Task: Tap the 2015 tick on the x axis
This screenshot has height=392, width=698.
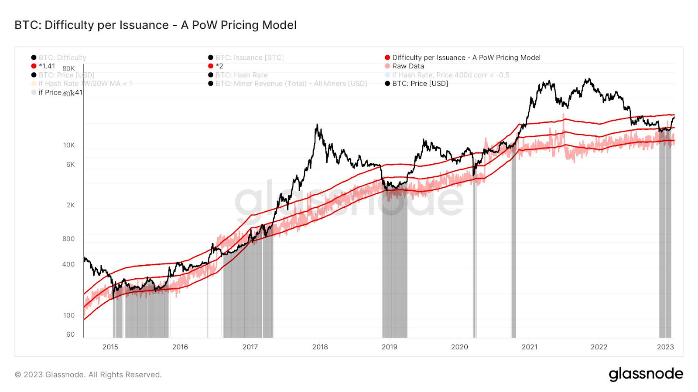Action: click(x=110, y=347)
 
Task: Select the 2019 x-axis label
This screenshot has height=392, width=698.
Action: click(x=390, y=347)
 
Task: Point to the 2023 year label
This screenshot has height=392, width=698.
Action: click(x=665, y=347)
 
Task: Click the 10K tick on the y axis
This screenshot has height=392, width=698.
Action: click(x=69, y=145)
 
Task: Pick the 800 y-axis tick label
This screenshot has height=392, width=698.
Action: click(x=68, y=239)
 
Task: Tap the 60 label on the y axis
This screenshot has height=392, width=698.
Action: click(x=70, y=335)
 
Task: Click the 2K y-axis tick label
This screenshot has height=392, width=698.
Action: click(x=71, y=205)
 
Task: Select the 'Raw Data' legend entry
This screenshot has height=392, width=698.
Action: click(x=408, y=66)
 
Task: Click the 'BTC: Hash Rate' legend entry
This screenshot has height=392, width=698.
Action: click(x=241, y=75)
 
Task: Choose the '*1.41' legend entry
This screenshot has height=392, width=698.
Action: click(x=47, y=66)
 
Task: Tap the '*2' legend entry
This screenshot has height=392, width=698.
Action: click(x=219, y=66)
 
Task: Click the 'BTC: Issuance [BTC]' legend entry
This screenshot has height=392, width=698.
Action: click(x=249, y=57)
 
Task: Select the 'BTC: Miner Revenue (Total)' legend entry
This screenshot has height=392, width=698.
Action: click(x=291, y=84)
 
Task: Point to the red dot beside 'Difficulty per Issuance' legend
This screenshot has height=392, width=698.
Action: click(x=387, y=57)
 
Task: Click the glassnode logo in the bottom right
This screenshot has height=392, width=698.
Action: click(x=646, y=374)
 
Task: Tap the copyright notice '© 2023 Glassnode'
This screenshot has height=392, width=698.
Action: click(x=88, y=375)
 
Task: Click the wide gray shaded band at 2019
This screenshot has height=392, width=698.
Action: click(x=395, y=261)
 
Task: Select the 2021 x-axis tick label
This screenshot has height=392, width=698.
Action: click(x=529, y=347)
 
